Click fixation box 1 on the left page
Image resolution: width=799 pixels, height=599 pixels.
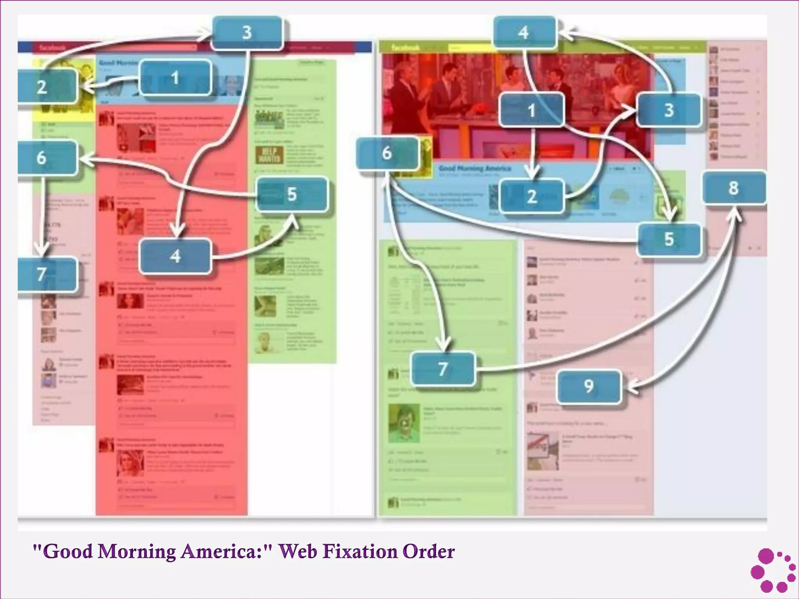(175, 78)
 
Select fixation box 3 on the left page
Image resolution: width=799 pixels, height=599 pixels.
(247, 33)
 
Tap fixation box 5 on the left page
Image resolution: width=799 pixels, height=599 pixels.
(292, 194)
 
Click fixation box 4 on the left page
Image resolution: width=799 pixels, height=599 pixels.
(175, 256)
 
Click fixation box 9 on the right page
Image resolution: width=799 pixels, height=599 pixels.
(589, 386)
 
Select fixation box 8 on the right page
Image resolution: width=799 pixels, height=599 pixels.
(733, 188)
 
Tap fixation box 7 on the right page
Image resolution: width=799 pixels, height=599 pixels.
(443, 369)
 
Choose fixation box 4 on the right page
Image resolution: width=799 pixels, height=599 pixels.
(524, 32)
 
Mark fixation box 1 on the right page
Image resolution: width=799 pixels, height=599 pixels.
(531, 110)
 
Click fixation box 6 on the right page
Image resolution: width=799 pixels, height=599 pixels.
(387, 153)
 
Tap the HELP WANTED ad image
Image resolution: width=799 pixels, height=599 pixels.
(270, 155)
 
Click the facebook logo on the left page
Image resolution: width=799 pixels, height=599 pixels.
(52, 48)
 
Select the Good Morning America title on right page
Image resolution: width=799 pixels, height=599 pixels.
(474, 168)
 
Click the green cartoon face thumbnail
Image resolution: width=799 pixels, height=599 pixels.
(404, 424)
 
